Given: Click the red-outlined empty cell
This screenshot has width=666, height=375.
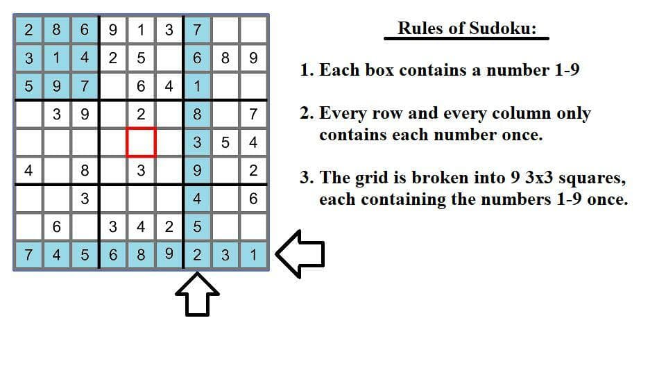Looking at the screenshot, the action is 141,142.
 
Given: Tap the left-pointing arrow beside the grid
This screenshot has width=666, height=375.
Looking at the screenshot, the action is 300,254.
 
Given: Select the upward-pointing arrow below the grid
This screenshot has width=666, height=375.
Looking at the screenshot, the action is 198,294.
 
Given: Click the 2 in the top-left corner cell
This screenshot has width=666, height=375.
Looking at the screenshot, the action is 28,30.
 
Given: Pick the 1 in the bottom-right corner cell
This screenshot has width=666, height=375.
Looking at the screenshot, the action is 254,255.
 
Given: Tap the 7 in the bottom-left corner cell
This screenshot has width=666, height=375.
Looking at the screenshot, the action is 28,255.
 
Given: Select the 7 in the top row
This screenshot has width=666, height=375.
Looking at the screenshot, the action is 197,30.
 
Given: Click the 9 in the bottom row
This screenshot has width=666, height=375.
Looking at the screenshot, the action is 169,254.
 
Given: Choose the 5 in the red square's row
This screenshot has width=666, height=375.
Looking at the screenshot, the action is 225,142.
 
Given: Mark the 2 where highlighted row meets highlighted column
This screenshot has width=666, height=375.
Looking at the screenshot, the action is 197,255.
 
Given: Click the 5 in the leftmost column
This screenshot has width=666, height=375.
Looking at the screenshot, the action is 28,86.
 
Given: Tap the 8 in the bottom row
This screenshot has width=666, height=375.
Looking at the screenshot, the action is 141,255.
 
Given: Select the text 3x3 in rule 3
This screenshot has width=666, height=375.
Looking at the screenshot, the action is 539,177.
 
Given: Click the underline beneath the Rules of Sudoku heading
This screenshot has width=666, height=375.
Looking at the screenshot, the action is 466,39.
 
